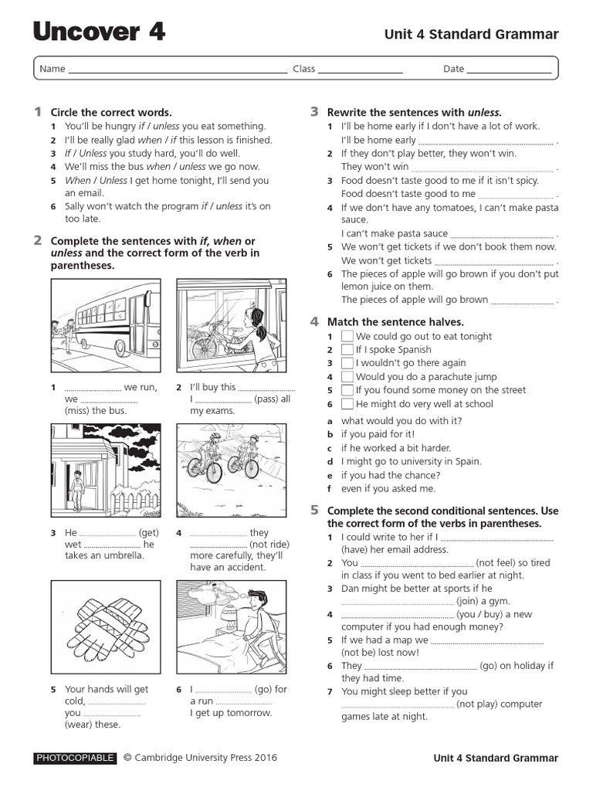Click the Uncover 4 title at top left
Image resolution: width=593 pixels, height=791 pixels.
click(x=99, y=32)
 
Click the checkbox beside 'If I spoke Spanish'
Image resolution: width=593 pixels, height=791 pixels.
click(x=347, y=350)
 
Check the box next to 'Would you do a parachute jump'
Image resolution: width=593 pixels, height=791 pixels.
click(x=347, y=377)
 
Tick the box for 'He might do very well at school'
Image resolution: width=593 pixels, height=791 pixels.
click(x=347, y=404)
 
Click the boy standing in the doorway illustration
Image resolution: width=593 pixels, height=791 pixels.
click(x=76, y=490)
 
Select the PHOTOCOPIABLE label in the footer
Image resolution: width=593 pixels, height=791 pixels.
click(x=75, y=759)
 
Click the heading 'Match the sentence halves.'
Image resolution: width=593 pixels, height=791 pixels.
click(x=395, y=321)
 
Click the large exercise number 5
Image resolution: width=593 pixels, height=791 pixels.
click(x=314, y=510)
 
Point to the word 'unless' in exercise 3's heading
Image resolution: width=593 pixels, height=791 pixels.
click(x=484, y=112)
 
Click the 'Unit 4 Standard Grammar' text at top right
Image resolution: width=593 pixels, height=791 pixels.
click(x=471, y=34)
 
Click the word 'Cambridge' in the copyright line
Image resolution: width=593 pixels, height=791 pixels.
click(x=164, y=759)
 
